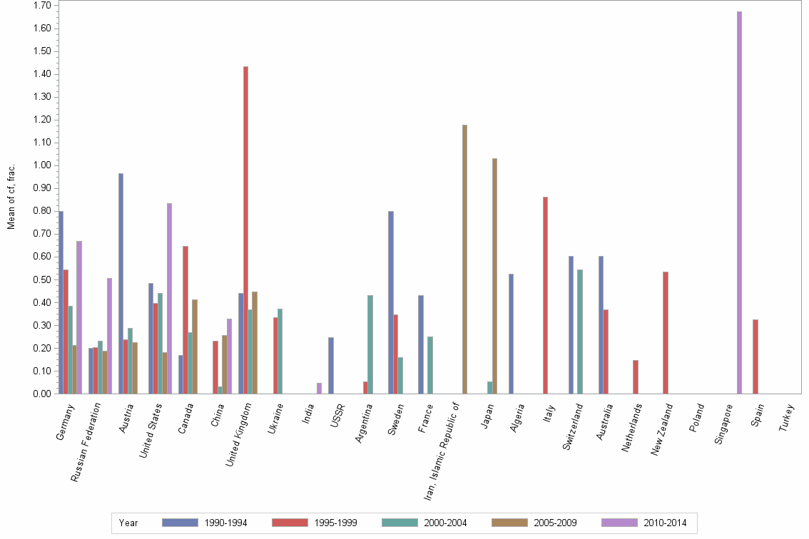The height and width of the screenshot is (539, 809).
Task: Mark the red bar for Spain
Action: point(755,356)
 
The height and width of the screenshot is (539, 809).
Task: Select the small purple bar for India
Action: point(319,388)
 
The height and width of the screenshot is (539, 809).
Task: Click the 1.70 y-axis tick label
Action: point(41,6)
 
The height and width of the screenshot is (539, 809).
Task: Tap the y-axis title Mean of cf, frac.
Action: point(11,197)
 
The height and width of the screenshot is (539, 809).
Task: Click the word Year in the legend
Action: point(128,523)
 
